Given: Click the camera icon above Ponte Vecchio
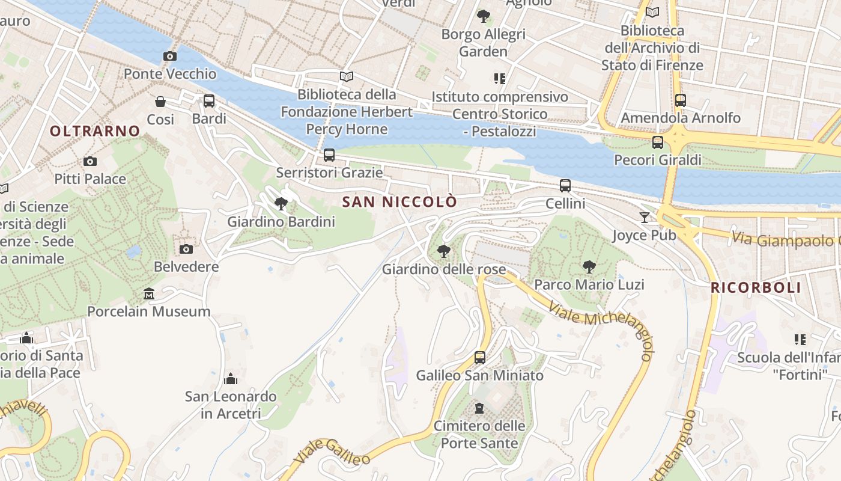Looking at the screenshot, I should (170, 57).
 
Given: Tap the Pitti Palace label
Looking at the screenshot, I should (90, 179).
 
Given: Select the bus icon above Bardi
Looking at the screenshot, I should (209, 101).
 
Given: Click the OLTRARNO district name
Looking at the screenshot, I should (95, 131).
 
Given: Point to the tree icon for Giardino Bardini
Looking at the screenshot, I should (281, 204).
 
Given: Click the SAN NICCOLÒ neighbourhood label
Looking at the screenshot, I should (399, 202).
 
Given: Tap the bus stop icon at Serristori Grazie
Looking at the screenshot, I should (329, 155).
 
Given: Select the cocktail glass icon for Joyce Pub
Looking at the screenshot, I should (645, 217).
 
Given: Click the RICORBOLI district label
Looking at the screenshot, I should (756, 287).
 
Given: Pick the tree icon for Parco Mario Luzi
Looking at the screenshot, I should (589, 266).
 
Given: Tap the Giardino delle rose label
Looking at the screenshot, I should (444, 269).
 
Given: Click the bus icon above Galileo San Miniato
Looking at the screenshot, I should (479, 358).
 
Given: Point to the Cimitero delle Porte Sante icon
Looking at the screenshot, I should (479, 409).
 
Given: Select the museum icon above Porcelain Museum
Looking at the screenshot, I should (149, 294).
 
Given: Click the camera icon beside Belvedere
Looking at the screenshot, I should (186, 249).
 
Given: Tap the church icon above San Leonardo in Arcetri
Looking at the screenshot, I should (231, 379).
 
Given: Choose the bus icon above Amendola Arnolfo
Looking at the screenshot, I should (681, 100).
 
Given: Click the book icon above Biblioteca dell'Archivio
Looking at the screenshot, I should (652, 12).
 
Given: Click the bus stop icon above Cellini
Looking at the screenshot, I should (565, 186).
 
